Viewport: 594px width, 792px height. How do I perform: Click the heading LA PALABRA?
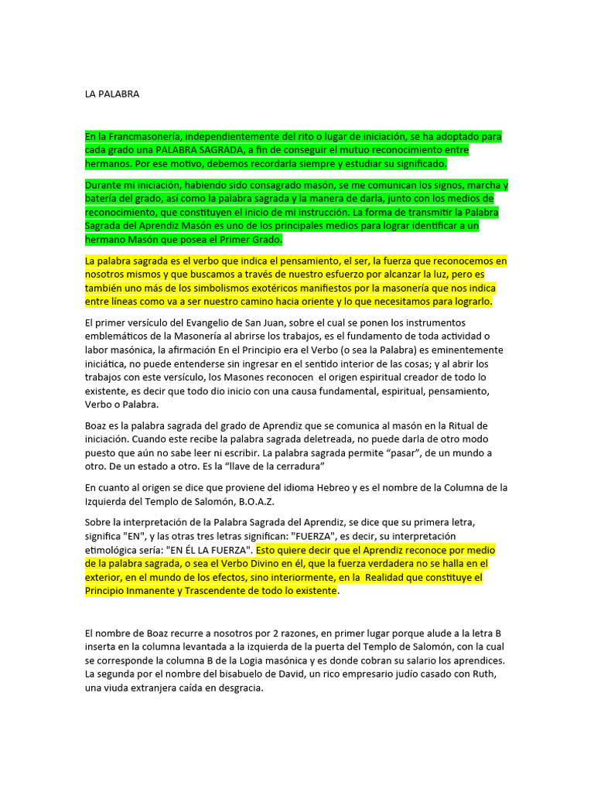coord(112,94)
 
